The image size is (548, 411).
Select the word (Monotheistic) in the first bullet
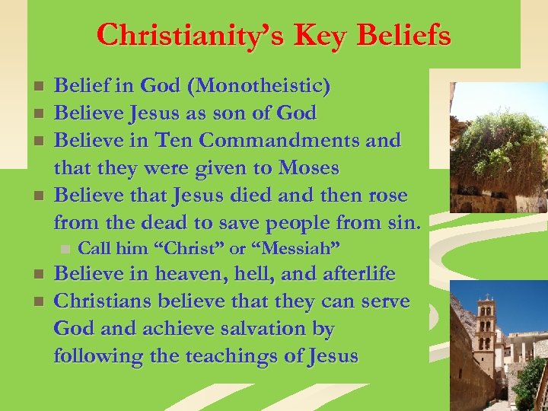[263, 86]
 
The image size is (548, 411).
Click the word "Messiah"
[295, 248]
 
